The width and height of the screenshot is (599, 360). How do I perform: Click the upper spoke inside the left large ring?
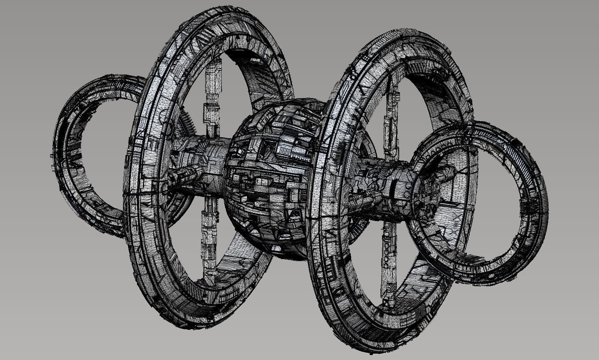pyautogui.click(x=212, y=96)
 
